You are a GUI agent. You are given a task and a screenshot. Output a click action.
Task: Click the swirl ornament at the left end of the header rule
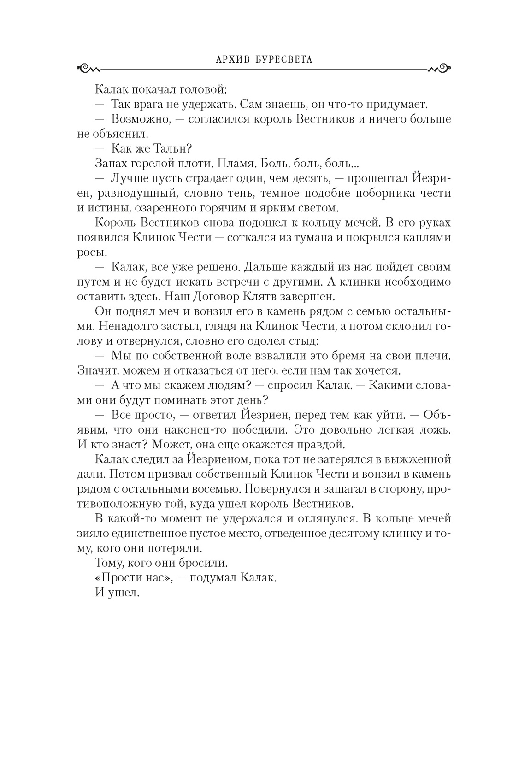(x=88, y=69)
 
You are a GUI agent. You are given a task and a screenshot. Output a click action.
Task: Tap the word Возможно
(x=141, y=119)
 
